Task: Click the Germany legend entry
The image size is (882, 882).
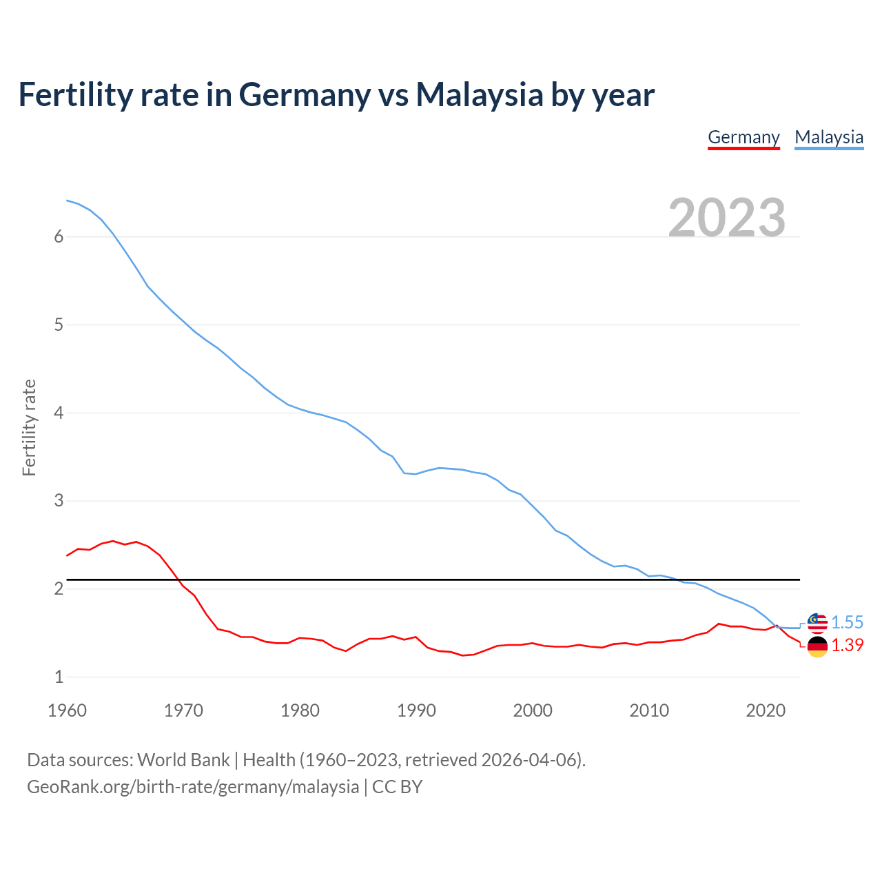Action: click(743, 137)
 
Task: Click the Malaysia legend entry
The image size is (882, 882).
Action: click(829, 137)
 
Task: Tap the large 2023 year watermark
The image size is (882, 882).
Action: click(727, 218)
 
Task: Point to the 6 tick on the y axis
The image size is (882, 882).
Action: click(59, 237)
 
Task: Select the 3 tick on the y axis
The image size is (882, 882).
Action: click(59, 501)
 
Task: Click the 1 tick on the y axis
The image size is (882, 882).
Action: click(59, 677)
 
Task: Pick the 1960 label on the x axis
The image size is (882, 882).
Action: click(67, 710)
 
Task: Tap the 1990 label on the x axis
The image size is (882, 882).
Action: click(416, 710)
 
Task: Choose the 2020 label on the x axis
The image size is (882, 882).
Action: click(766, 710)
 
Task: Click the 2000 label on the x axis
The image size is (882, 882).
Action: click(533, 710)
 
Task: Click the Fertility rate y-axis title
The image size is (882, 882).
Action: click(29, 427)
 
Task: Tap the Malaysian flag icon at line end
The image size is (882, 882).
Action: click(817, 622)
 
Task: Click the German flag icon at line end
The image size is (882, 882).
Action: click(817, 646)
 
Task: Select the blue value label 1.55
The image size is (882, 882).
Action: click(847, 622)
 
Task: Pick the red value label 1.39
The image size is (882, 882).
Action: click(847, 645)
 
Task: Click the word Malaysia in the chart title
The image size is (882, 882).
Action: click(480, 94)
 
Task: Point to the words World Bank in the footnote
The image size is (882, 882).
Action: click(183, 760)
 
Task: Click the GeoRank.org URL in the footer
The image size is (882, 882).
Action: click(193, 787)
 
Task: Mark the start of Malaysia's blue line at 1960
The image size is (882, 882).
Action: click(68, 201)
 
